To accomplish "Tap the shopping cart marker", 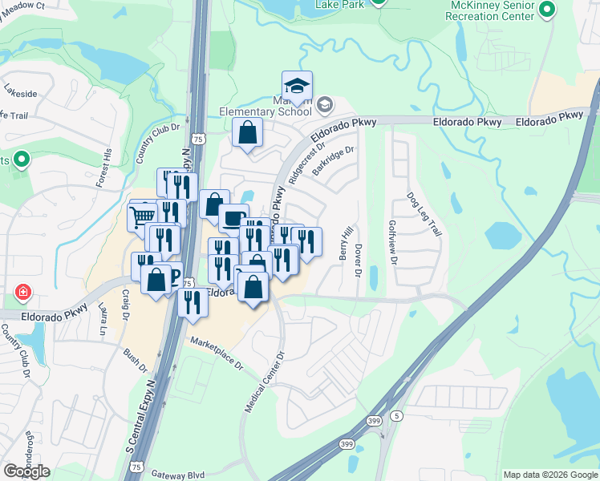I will (142, 216).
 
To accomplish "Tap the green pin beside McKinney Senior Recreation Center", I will (548, 10).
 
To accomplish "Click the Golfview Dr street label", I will (393, 244).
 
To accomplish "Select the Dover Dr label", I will (359, 257).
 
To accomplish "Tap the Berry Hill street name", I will (346, 242).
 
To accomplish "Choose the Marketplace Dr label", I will (216, 353).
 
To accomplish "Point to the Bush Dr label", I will (136, 360).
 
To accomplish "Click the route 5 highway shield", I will (396, 415).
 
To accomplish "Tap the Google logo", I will (26, 471).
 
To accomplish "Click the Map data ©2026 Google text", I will (549, 475).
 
